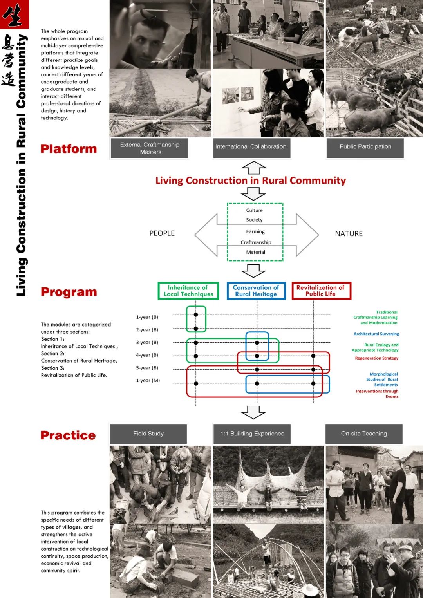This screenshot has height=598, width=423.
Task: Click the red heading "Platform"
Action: point(69,149)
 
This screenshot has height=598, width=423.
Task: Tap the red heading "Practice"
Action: point(68,435)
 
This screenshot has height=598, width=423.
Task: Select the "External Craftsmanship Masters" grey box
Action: point(150,148)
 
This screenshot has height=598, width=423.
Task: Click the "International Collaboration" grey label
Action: point(251,147)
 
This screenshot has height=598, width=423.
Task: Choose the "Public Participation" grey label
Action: point(365,147)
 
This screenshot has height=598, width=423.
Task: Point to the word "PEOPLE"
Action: point(162,233)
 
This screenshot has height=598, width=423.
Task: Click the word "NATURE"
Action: point(349,234)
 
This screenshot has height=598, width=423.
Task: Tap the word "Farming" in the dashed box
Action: point(255,232)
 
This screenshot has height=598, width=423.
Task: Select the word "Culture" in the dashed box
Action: point(255,210)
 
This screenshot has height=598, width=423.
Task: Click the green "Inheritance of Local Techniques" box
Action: point(188,291)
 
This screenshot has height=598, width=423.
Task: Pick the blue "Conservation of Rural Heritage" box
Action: point(256,291)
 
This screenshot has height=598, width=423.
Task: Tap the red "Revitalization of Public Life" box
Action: point(321,291)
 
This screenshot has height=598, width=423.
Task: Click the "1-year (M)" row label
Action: point(148,381)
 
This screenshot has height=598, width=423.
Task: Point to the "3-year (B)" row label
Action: point(147,343)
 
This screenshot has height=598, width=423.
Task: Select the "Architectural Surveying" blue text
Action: point(376,334)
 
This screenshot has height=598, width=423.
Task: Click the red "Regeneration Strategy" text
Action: point(376,358)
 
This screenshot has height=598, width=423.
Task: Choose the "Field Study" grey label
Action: point(148,434)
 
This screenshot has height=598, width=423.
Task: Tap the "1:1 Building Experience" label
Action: point(252,434)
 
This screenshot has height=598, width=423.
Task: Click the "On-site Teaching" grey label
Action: point(364,434)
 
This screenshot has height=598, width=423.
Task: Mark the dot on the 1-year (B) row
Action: point(196,315)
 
